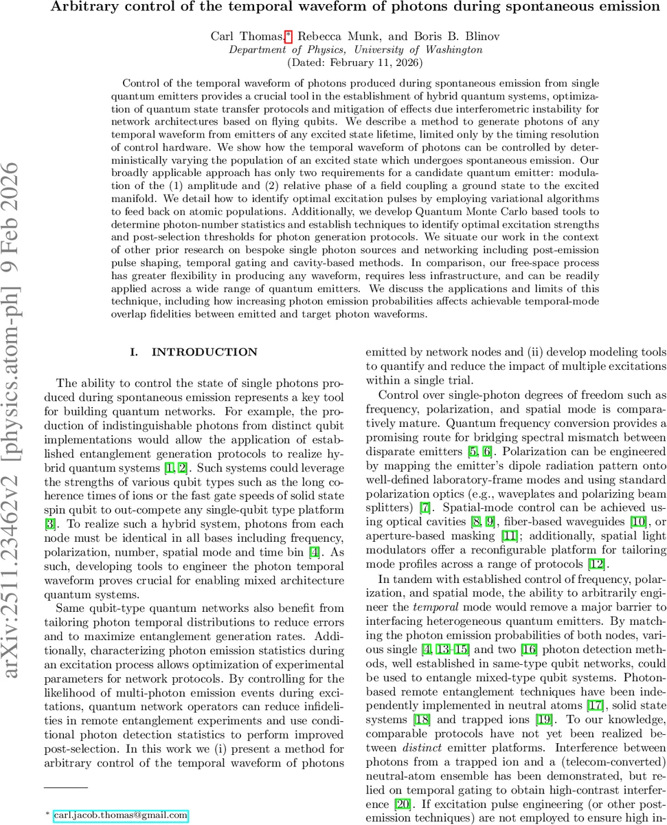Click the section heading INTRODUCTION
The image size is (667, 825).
pos(204,352)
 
